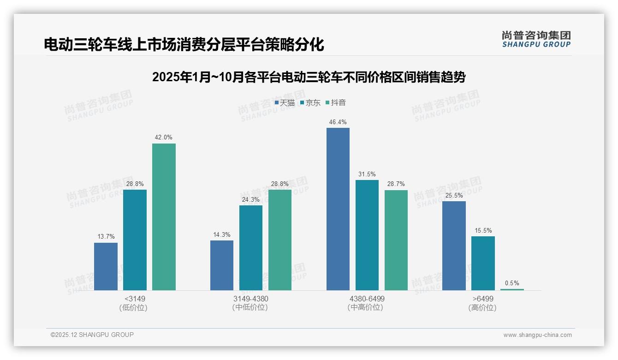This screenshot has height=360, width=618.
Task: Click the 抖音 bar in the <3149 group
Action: click(x=164, y=217)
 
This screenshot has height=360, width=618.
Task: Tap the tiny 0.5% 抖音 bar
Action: click(x=512, y=289)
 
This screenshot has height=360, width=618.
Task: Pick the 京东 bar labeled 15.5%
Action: click(x=483, y=263)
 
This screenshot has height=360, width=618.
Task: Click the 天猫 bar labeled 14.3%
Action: click(x=222, y=265)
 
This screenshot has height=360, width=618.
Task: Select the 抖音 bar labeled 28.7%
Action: click(x=396, y=240)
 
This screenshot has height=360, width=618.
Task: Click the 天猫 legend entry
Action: click(x=285, y=102)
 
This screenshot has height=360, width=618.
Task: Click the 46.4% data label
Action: click(x=338, y=122)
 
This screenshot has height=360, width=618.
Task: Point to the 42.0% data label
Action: click(x=164, y=138)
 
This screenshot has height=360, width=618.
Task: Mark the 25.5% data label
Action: click(x=454, y=196)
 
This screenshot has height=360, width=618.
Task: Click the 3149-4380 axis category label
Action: click(x=250, y=299)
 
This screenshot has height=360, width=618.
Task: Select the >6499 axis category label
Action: click(x=482, y=299)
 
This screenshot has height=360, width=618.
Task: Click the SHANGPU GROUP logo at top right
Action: click(x=536, y=39)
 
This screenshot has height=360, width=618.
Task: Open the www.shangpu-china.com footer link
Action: click(x=537, y=335)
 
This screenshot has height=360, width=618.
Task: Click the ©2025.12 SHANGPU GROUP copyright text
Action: click(x=92, y=335)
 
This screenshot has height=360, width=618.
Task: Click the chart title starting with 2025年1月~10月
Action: click(x=309, y=77)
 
